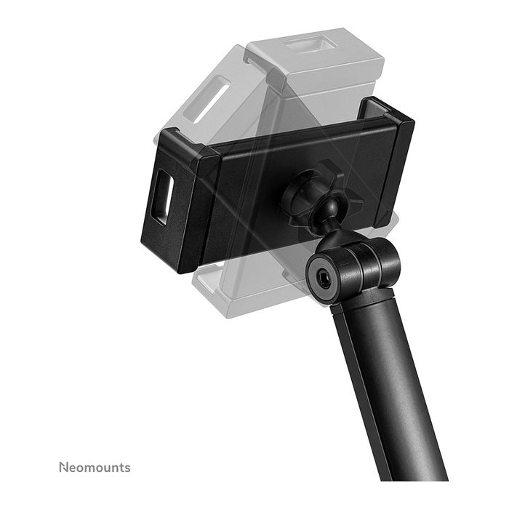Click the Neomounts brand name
(x=94, y=467)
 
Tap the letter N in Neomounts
(x=63, y=467)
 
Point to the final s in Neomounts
(x=127, y=468)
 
